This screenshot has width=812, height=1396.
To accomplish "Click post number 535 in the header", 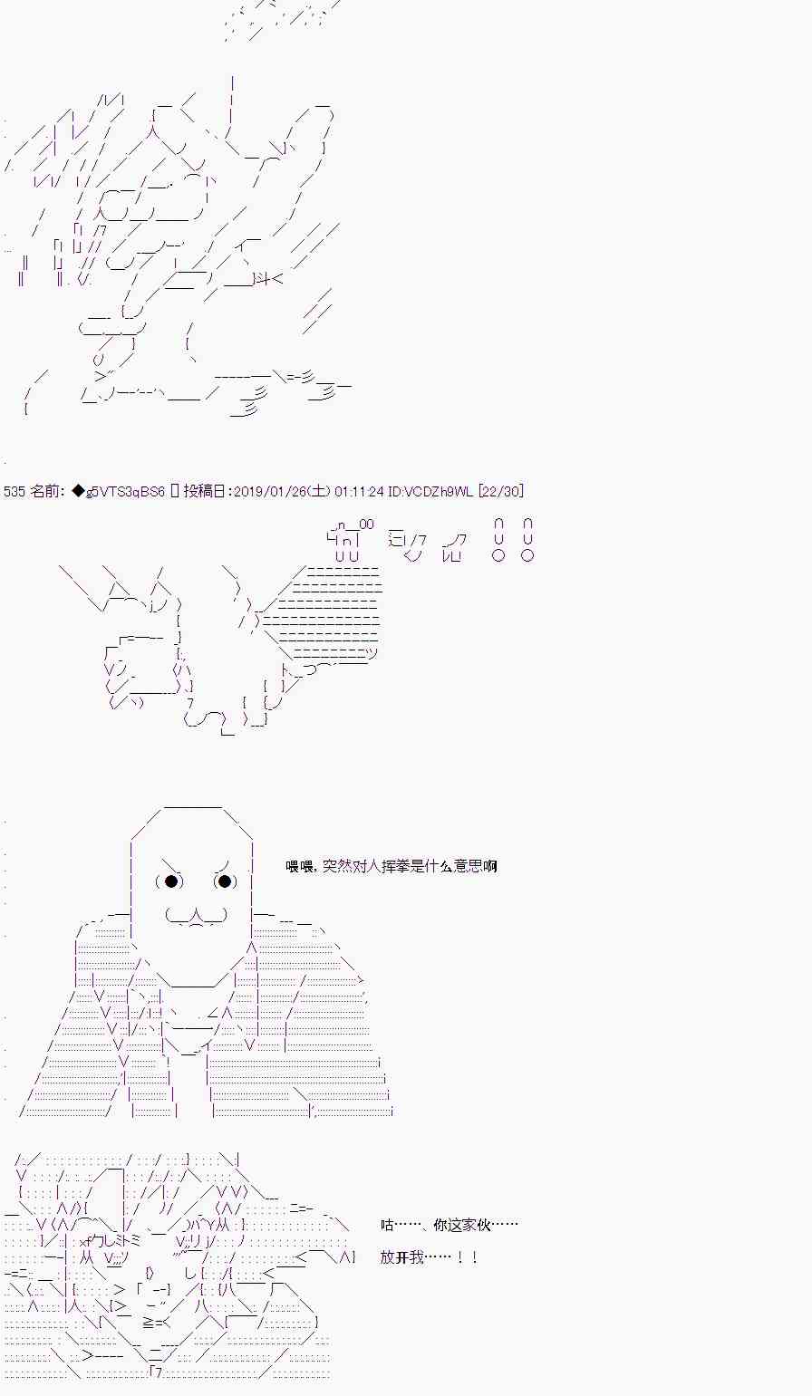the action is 14,491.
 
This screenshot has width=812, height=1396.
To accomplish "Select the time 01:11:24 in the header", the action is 359,491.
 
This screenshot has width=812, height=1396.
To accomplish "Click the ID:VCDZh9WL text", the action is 430,491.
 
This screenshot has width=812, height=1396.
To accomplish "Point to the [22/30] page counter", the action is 501,491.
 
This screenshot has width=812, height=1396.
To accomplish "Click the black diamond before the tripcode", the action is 78,491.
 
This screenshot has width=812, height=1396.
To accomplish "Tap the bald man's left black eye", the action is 170,881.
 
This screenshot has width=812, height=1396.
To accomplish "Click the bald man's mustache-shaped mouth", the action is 197,916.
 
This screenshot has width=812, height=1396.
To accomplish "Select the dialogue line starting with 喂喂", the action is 391,866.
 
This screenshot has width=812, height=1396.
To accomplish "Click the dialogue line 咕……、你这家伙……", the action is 449,1225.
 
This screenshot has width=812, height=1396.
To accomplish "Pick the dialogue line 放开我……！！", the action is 429,1256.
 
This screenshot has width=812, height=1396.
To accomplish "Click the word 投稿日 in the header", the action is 205,491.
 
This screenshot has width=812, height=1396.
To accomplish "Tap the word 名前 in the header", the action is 44,491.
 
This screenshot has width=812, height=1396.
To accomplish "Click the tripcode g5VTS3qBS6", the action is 125,491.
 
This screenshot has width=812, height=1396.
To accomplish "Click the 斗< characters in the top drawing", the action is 269,279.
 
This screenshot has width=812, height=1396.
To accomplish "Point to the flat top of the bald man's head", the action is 192,807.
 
